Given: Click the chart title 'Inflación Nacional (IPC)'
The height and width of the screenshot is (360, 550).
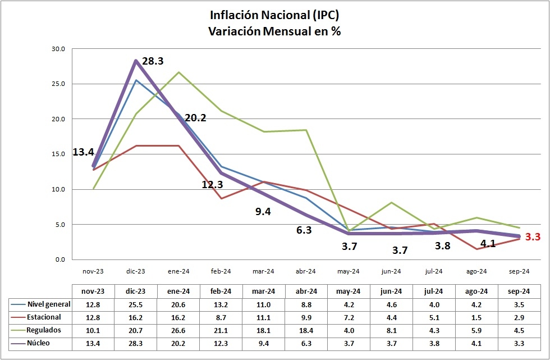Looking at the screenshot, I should coord(274,15).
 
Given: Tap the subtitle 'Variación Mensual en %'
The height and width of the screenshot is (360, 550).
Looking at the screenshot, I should coord(274,31).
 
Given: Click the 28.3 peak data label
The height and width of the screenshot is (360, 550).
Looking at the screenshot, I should coord(153,61).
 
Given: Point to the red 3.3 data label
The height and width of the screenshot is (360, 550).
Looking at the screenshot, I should coord(533,237).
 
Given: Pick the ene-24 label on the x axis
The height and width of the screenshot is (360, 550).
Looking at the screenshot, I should coord(178,271).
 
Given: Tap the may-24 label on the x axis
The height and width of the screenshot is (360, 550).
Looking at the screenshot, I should coord(349,271).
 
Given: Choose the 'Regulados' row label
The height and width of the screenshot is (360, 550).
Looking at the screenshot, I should coord(43,330).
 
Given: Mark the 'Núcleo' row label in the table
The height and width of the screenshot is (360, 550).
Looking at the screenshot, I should coord(39,343).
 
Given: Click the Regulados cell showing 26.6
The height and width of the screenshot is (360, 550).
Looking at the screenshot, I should coord(178,330).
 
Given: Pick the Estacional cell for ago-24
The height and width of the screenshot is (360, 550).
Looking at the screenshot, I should coord(476,317).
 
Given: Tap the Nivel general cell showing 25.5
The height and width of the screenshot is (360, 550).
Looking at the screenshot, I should coord(136,304).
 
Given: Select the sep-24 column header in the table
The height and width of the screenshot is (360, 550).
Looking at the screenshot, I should coord(519,291).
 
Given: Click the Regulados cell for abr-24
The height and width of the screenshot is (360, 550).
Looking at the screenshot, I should coord(306,330).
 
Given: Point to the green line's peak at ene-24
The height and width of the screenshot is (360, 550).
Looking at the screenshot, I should coord(178,72).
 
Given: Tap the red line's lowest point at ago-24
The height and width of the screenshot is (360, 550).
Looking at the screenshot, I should coord(476,249).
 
